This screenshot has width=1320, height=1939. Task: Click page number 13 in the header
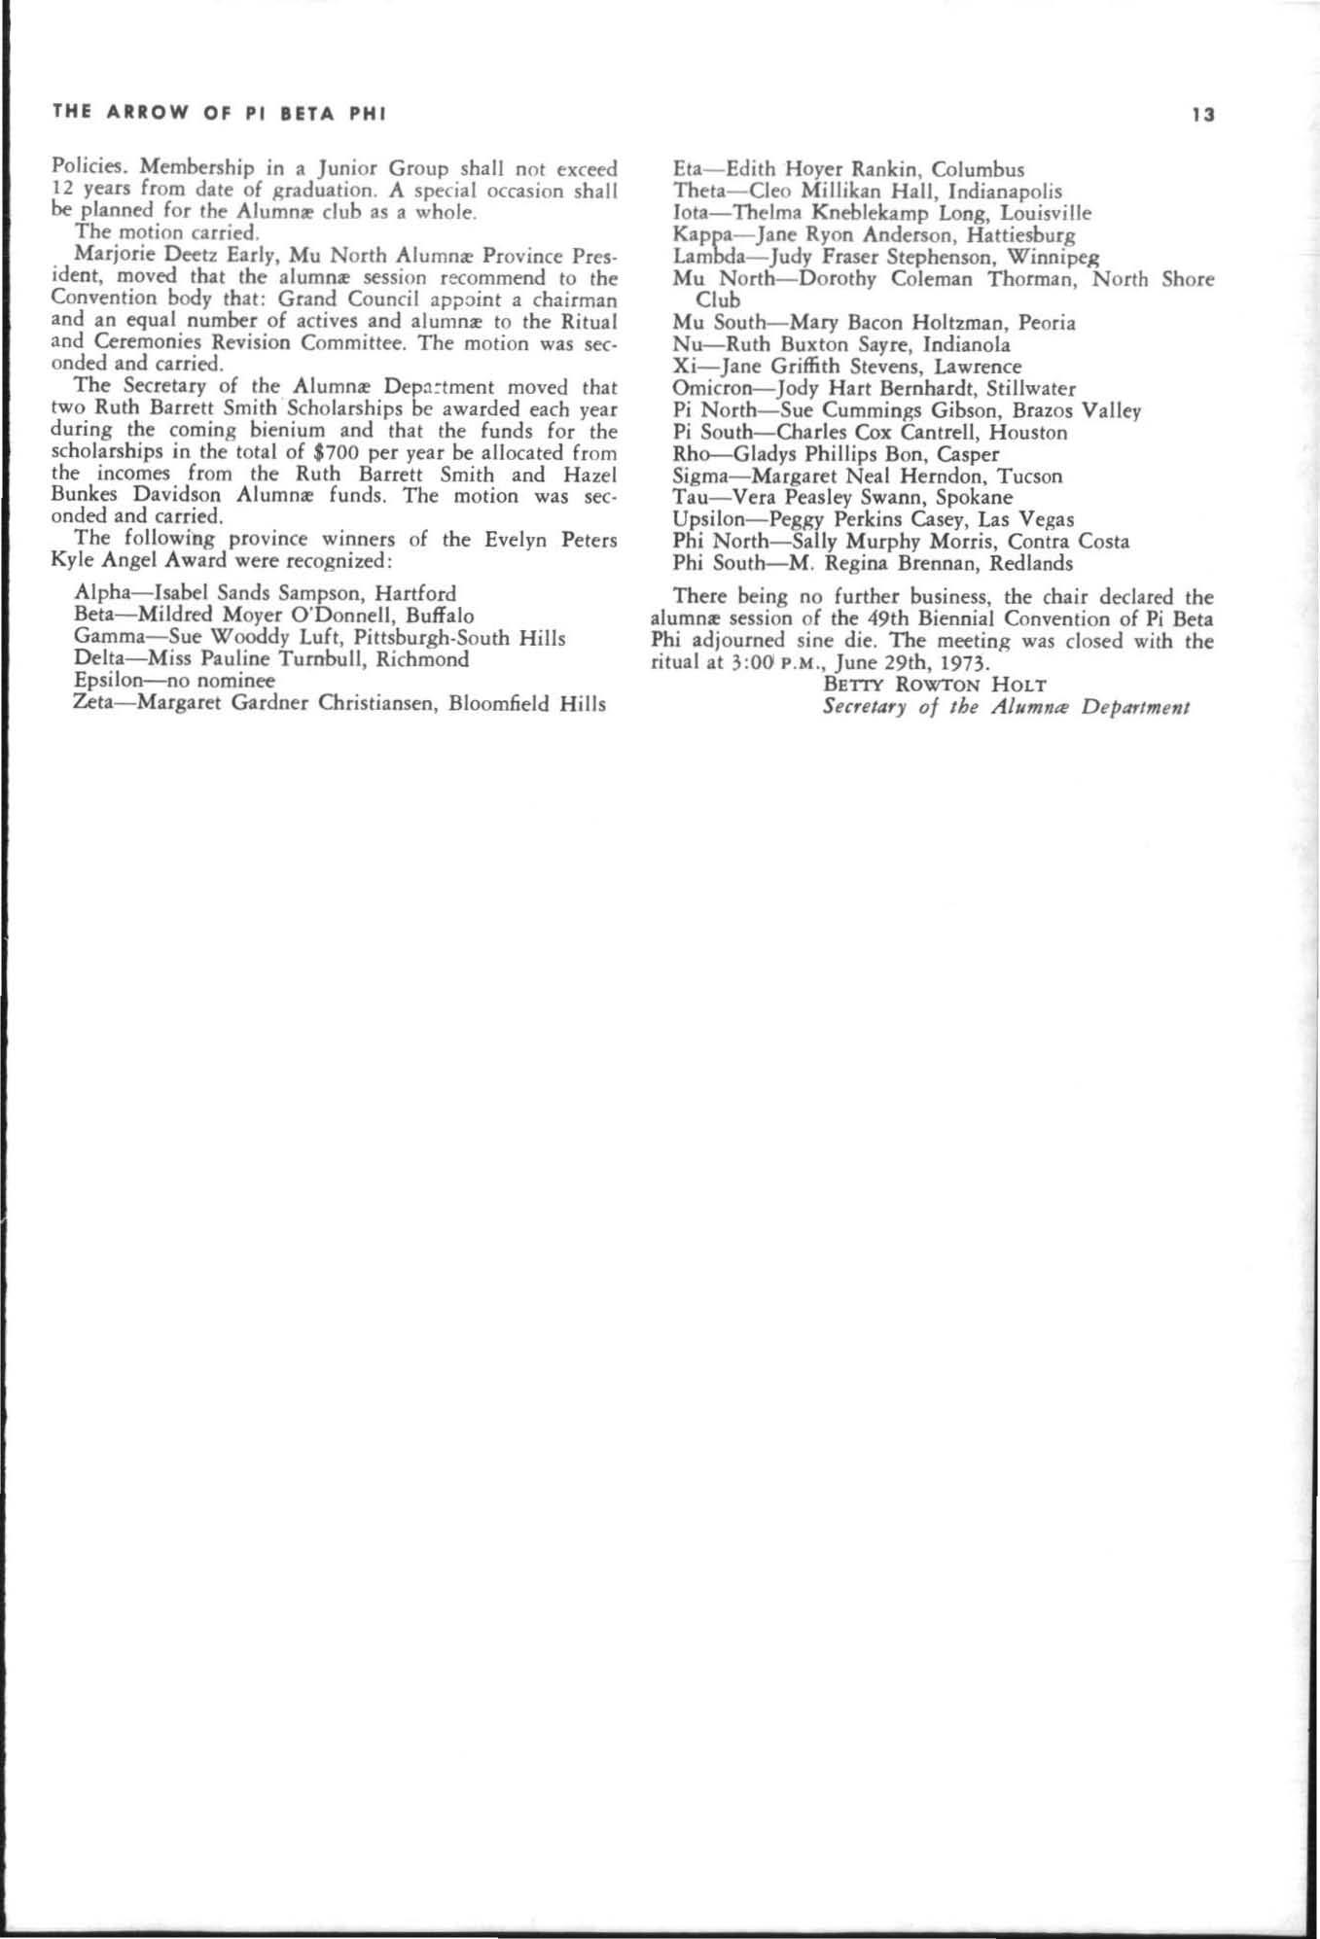1203,115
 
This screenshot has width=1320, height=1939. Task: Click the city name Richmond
426,659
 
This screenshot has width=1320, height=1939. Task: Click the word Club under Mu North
718,300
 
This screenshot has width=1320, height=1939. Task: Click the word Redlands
1031,563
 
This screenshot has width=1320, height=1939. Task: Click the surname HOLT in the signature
1017,685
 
